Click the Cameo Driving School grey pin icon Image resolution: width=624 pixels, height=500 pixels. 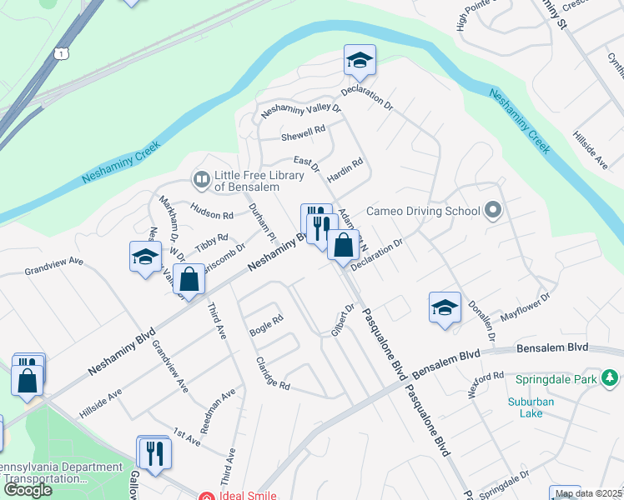[x=493, y=210]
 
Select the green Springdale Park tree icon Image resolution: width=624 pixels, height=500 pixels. [x=611, y=379]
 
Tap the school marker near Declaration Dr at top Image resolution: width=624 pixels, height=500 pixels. [x=360, y=60]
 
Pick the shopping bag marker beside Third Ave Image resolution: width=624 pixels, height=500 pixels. [x=190, y=280]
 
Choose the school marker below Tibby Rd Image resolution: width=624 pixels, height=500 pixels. [x=145, y=256]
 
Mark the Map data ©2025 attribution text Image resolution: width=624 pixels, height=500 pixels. [x=587, y=493]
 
